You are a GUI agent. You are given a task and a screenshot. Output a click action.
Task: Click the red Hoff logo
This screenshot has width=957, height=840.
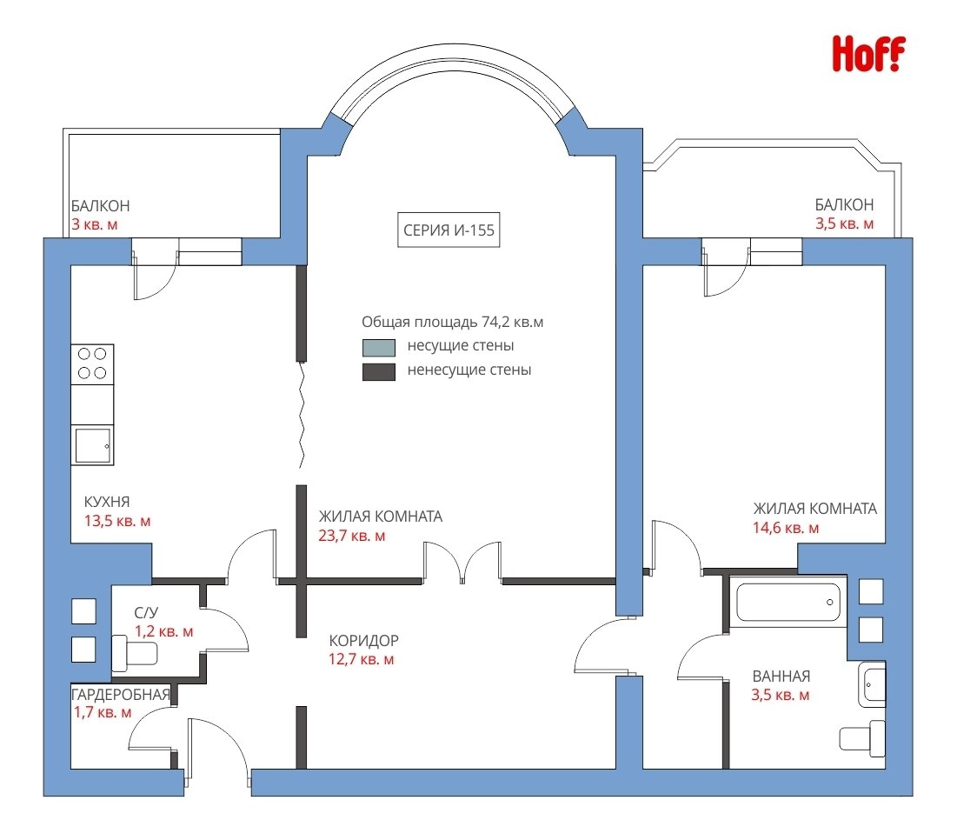868,54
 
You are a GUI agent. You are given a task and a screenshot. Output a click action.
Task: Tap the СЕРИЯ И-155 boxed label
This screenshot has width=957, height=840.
449,230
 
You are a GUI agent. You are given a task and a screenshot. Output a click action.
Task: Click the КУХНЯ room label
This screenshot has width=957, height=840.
107,502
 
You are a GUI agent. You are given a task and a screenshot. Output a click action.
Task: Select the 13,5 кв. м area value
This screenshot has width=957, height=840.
117,522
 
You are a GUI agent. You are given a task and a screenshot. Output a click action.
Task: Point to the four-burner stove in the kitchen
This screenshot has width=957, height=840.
92,363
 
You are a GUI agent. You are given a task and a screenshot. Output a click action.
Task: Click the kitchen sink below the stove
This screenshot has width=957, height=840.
93,445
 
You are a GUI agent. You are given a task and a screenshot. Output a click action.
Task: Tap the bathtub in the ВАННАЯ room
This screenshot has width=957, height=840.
788,602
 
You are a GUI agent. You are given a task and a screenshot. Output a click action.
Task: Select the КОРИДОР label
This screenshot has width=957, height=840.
363,640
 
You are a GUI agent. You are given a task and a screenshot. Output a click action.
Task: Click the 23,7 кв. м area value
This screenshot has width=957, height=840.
352,536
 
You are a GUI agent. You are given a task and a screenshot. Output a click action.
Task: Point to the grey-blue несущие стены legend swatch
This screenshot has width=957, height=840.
379,347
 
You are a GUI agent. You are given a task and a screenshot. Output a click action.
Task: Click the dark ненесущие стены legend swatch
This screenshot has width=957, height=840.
379,372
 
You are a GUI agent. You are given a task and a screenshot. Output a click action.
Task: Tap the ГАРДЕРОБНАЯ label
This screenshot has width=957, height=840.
120,695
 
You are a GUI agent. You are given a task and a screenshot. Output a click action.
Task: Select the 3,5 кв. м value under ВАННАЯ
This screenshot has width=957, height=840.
781,696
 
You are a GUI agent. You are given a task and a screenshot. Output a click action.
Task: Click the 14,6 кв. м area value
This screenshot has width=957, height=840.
786,528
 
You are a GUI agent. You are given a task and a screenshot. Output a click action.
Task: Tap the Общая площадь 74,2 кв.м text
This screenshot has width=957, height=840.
452,322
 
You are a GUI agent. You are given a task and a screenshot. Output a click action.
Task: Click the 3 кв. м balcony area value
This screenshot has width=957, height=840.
95,224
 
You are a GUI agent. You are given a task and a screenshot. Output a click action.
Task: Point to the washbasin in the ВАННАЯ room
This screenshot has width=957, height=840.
872,685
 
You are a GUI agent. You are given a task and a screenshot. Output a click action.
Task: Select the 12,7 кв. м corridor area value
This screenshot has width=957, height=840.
362,660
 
